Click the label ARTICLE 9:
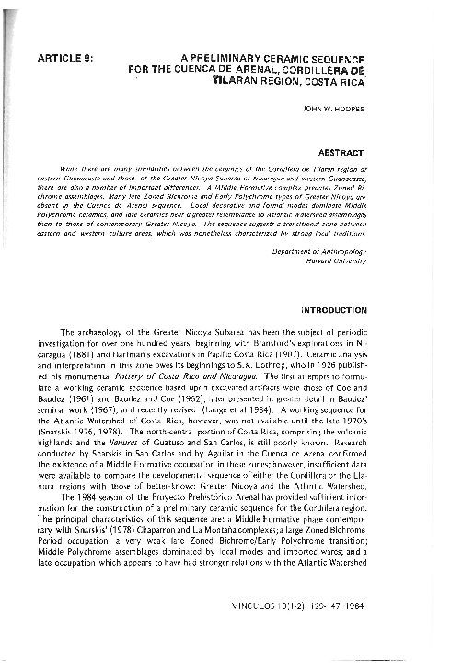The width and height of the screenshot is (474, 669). pyautogui.click(x=64, y=56)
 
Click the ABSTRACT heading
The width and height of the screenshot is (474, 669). pyautogui.click(x=341, y=151)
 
